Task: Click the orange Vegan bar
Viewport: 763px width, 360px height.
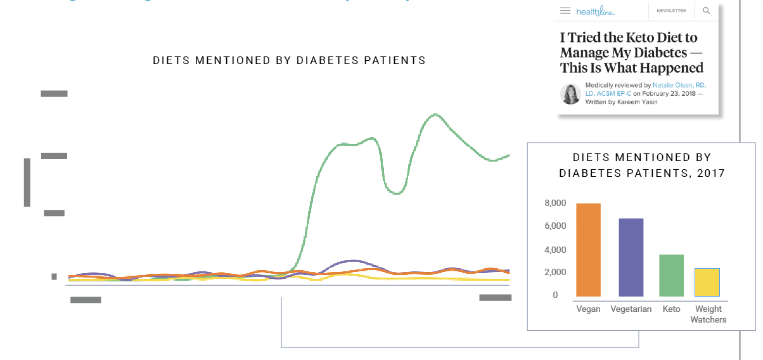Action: point(588,250)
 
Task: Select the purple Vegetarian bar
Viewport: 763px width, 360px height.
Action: point(631,258)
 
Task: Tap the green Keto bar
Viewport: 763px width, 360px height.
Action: point(672,276)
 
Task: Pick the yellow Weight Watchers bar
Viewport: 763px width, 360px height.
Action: point(708,283)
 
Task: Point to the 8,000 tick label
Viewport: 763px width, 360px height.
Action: point(555,203)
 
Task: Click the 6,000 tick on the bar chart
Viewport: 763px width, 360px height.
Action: point(555,226)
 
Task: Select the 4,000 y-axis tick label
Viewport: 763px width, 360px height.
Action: point(555,250)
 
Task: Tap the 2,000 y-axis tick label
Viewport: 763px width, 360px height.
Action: point(555,273)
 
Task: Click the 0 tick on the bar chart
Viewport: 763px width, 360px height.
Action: point(555,295)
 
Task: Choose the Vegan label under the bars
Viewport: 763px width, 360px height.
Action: point(588,309)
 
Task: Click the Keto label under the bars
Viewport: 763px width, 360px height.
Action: point(671,309)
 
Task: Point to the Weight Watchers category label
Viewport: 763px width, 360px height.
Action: point(708,314)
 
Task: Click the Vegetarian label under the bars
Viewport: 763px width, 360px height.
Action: point(631,309)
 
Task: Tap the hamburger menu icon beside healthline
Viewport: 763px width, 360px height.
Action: point(565,11)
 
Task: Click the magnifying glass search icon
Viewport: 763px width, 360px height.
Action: point(707,11)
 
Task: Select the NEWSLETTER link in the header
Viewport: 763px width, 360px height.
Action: point(671,11)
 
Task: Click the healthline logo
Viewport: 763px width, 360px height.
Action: point(595,11)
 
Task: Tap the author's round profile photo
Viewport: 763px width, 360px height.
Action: point(570,94)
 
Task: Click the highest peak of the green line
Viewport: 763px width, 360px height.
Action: point(435,115)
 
